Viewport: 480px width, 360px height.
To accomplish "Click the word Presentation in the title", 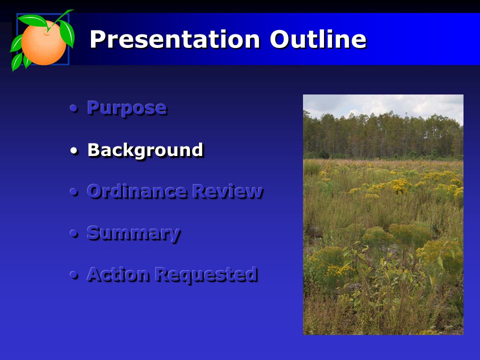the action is (x=175, y=39).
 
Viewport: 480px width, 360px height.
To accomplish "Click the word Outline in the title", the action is (x=318, y=39).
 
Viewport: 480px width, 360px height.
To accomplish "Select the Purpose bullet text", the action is (x=127, y=108).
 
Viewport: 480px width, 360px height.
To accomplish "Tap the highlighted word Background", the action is (x=145, y=150).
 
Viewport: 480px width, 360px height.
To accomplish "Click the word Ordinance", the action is (x=136, y=191).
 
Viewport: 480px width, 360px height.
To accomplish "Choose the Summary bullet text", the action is (x=134, y=233).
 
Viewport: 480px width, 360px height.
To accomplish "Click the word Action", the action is (x=118, y=274).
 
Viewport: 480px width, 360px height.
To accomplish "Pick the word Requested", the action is (x=206, y=274).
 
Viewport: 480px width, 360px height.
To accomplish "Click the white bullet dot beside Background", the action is (x=74, y=150).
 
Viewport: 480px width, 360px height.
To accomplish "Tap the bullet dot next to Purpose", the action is (x=74, y=108).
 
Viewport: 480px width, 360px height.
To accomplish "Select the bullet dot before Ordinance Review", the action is (x=74, y=192).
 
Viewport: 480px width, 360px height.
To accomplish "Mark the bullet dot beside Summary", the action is (x=74, y=233).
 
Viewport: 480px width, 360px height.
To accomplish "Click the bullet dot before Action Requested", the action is (x=74, y=275).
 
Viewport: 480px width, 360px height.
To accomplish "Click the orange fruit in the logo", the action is (x=43, y=43).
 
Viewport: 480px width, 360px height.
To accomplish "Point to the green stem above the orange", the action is (x=60, y=19).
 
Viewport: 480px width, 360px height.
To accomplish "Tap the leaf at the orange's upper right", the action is (x=67, y=33).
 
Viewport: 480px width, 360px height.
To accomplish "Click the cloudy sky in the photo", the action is (x=383, y=105).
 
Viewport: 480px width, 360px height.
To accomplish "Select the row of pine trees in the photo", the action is (x=383, y=136).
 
